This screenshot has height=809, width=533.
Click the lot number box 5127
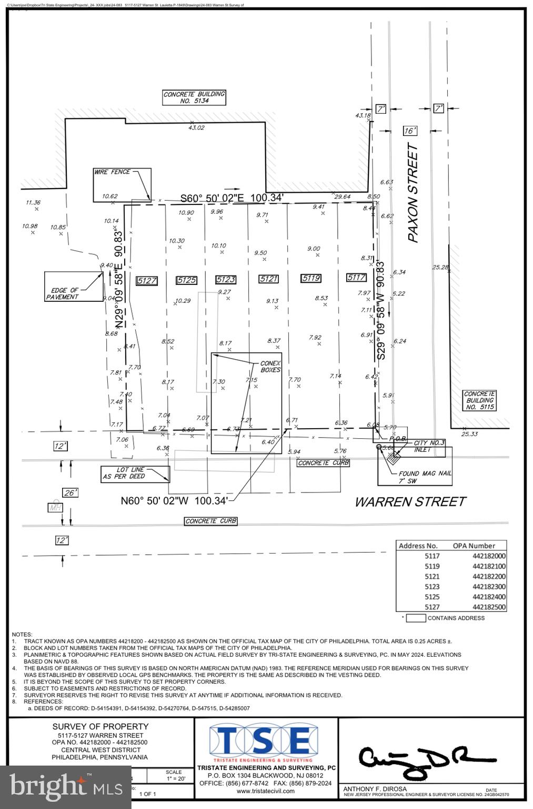click(x=146, y=281)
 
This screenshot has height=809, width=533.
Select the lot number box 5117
click(x=356, y=278)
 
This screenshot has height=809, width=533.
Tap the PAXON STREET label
click(x=413, y=193)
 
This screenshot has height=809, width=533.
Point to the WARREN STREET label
click(x=410, y=501)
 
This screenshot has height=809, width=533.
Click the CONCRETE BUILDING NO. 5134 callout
click(x=194, y=97)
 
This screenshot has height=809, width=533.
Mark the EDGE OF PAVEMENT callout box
click(x=73, y=287)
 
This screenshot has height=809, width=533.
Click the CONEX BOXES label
click(x=270, y=367)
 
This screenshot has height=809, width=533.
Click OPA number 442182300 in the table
click(x=489, y=587)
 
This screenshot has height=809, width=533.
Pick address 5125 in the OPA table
click(x=432, y=597)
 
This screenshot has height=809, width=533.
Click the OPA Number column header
click(x=474, y=546)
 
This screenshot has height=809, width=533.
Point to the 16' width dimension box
click(x=410, y=131)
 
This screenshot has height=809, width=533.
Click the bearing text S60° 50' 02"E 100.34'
click(x=232, y=198)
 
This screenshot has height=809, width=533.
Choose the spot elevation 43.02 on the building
click(x=196, y=127)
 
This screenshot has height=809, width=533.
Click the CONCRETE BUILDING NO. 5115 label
click(x=479, y=400)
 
